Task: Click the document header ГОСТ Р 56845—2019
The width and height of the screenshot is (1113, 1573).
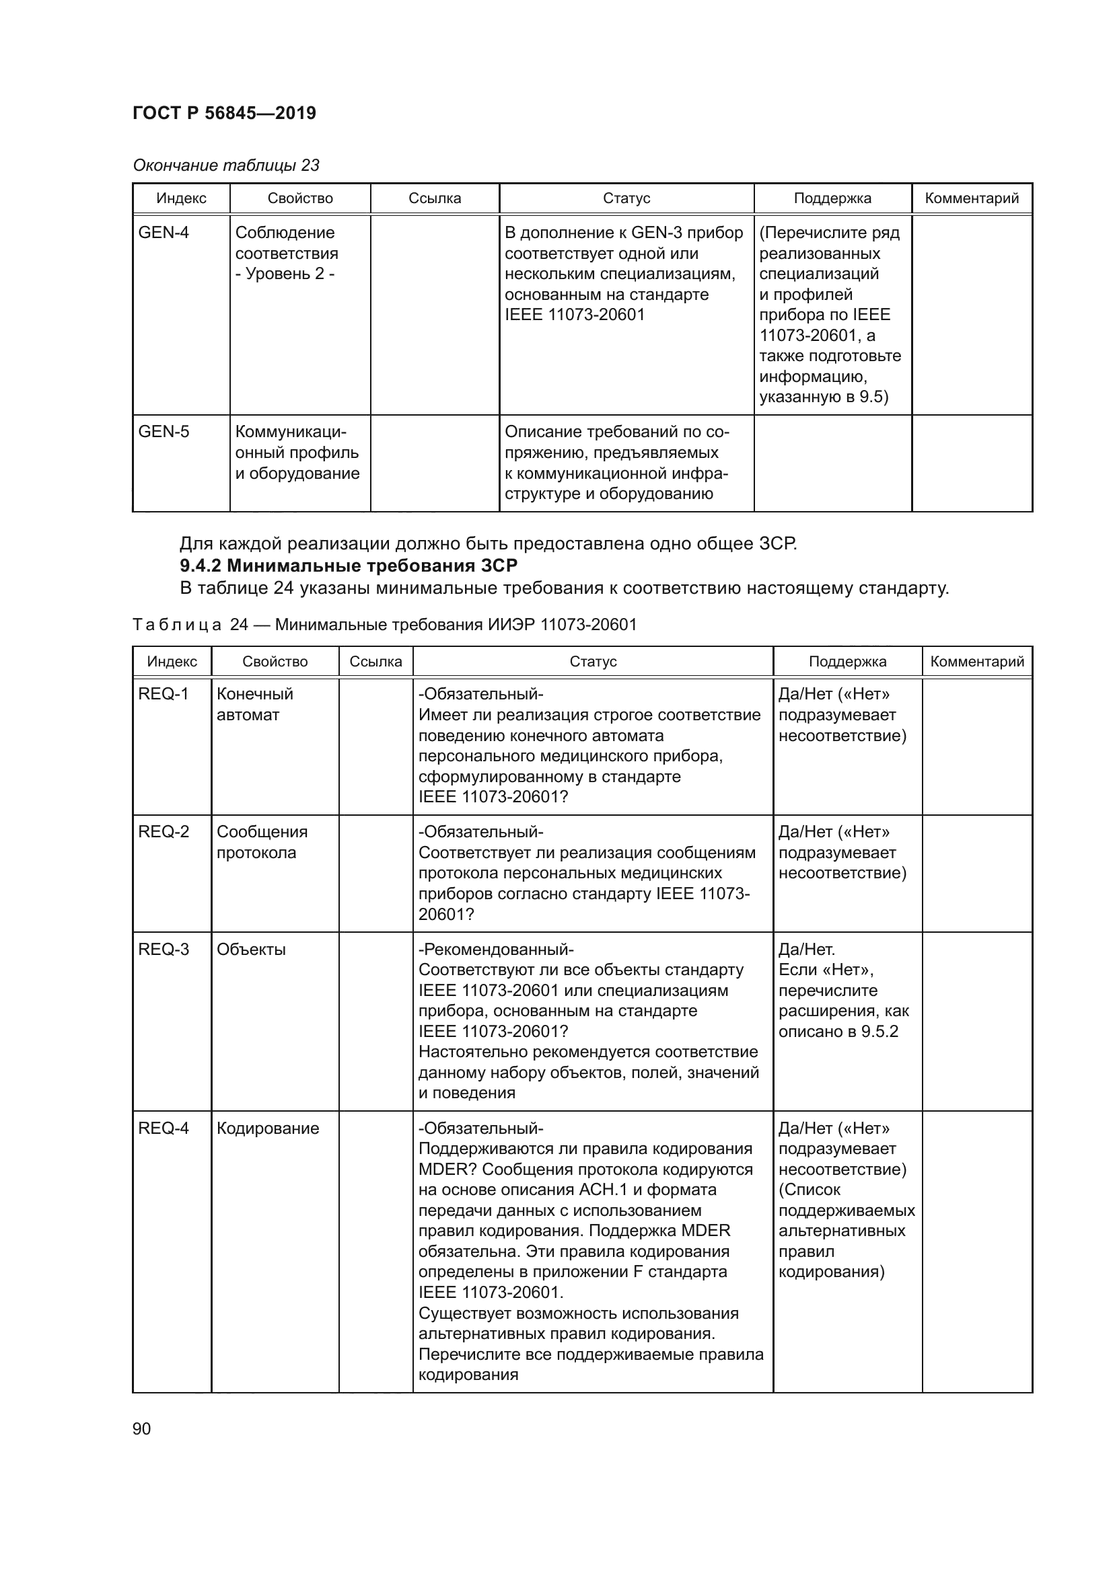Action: (224, 113)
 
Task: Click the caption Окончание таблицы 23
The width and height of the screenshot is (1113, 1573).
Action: (226, 165)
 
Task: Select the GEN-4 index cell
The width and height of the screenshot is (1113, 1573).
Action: (164, 233)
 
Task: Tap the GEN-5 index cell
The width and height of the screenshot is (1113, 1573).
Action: (164, 432)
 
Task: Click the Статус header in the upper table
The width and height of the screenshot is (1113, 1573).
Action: (626, 198)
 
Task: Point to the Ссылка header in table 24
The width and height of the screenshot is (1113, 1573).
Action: (375, 662)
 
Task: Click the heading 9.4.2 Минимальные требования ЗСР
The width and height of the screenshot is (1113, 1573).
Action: (348, 566)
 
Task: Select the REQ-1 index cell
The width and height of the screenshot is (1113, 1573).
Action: (163, 694)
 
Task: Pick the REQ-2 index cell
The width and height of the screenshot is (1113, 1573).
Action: (163, 832)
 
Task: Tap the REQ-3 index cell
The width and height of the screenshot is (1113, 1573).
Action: (163, 950)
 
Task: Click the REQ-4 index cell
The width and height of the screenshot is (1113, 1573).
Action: (163, 1128)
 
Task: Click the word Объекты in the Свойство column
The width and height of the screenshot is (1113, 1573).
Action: (251, 950)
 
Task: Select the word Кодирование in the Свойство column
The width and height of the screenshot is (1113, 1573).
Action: (268, 1128)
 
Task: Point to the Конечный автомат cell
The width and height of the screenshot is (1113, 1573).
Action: (254, 704)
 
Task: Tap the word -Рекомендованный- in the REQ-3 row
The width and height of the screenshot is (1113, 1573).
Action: (495, 950)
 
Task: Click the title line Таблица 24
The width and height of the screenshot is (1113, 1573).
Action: (384, 625)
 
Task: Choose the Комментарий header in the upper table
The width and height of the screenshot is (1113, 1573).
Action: (971, 198)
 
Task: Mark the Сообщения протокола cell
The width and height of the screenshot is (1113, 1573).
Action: (262, 842)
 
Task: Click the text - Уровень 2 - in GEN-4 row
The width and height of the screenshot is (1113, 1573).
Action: (285, 274)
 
